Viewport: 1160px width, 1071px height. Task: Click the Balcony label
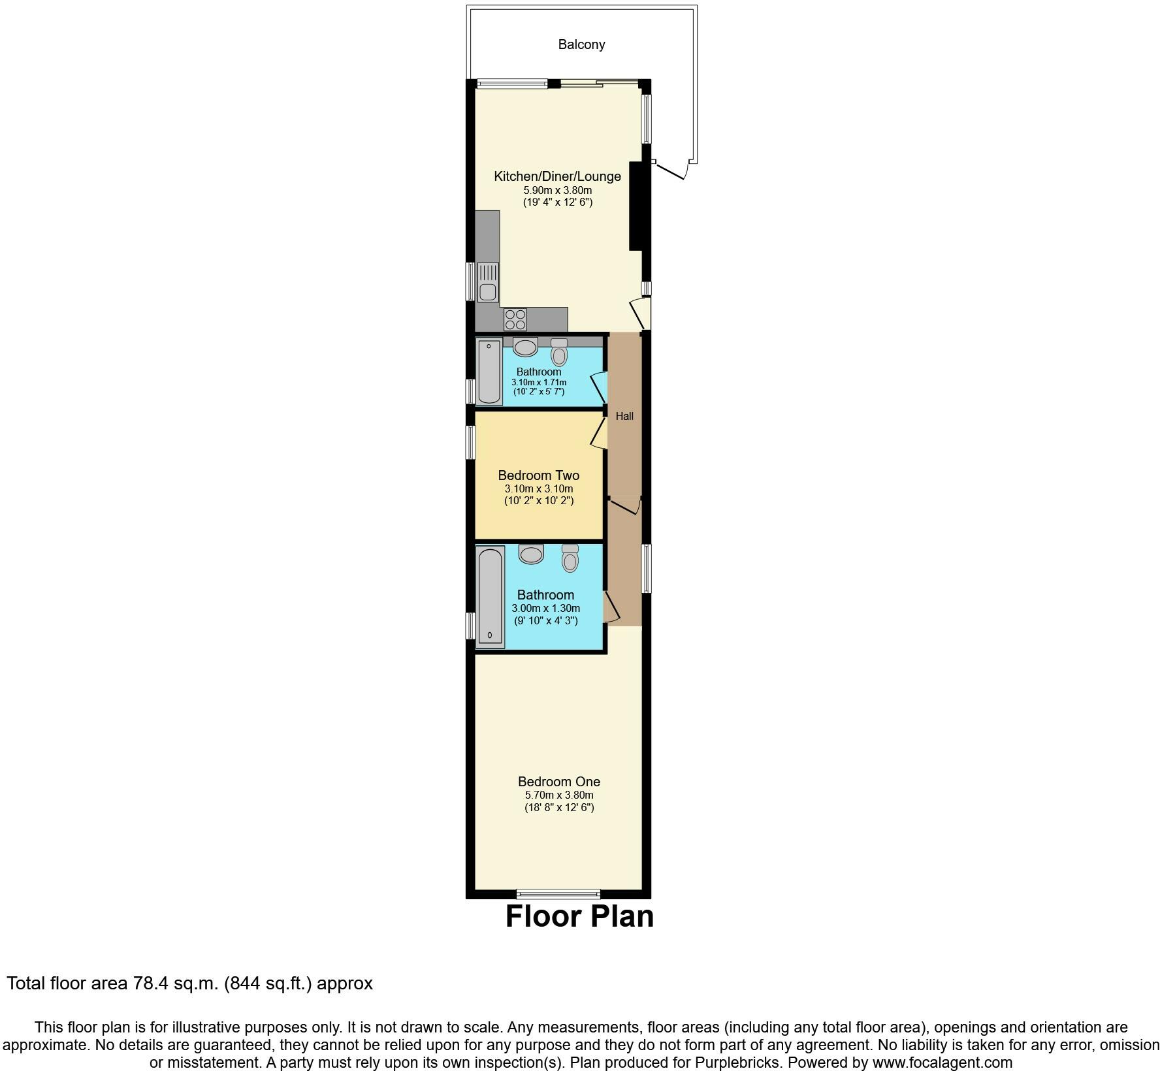point(581,44)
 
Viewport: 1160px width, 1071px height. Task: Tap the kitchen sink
point(487,282)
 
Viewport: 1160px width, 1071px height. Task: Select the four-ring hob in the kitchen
point(515,319)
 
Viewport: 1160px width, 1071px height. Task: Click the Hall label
point(624,416)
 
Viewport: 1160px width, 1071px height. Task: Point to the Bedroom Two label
point(538,475)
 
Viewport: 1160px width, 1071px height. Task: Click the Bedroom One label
point(559,782)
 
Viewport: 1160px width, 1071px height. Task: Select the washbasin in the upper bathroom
point(525,347)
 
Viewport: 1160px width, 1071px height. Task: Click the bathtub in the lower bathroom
point(490,596)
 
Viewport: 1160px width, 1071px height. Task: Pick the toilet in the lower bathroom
point(570,559)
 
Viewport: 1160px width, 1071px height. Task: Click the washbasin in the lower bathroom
point(531,554)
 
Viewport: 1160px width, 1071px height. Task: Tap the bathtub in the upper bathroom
point(489,372)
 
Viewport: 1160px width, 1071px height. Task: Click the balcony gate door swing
point(673,171)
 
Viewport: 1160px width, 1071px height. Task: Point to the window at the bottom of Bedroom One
point(558,893)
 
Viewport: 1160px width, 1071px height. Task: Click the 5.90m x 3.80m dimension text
point(557,190)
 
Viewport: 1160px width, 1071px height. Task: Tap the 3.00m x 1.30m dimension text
point(545,608)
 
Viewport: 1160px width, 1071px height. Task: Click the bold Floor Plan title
point(579,916)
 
